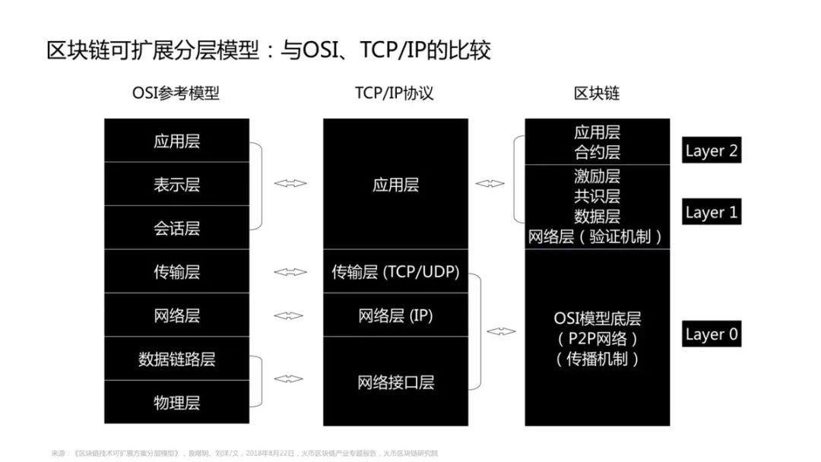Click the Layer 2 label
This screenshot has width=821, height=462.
711,150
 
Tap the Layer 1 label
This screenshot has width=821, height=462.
711,212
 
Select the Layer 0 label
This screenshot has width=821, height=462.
711,334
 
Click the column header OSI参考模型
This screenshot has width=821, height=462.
176,93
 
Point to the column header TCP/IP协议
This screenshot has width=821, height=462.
395,93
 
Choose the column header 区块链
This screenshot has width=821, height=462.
597,93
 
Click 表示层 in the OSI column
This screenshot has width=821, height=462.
176,185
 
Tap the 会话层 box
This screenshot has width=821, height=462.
176,228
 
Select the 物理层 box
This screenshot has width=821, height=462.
176,403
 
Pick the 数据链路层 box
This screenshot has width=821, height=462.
176,359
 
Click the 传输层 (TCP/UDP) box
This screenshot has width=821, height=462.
395,271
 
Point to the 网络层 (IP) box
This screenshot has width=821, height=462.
395,315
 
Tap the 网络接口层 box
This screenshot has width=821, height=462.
395,381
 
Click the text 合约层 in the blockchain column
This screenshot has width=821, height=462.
597,152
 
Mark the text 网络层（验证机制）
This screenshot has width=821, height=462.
597,236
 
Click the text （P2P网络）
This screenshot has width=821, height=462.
597,338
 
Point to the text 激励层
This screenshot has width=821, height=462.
597,176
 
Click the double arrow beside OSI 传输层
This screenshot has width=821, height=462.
290,271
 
